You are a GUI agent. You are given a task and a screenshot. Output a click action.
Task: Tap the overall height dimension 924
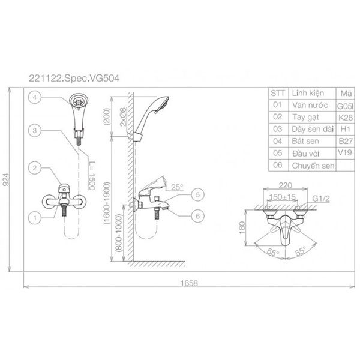(x=8, y=180)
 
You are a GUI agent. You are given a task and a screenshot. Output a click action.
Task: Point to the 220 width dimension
(x=286, y=187)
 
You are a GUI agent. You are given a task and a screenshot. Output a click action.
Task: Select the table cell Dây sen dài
(x=310, y=129)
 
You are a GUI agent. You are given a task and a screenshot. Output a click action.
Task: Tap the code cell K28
(x=345, y=117)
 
